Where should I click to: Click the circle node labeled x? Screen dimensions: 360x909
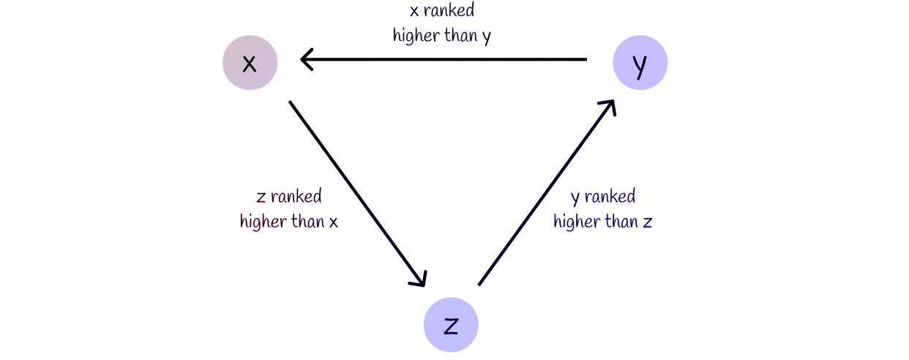tap(250, 63)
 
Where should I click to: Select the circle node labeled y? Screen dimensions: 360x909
tap(640, 63)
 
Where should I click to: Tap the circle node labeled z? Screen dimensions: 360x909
tap(451, 325)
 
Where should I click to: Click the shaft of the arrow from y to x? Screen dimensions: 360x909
tap(446, 59)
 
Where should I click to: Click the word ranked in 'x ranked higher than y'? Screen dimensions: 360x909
tap(449, 12)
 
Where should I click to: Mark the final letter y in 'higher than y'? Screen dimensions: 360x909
tap(487, 37)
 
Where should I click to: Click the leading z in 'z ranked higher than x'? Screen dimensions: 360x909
tap(261, 197)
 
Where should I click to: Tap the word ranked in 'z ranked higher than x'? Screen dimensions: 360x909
tap(296, 197)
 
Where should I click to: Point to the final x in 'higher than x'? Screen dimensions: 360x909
tap(333, 222)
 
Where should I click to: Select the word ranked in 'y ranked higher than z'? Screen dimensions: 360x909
tap(610, 197)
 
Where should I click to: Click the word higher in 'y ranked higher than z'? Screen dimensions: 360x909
tap(578, 221)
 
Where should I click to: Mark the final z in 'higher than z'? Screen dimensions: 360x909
tap(647, 222)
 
